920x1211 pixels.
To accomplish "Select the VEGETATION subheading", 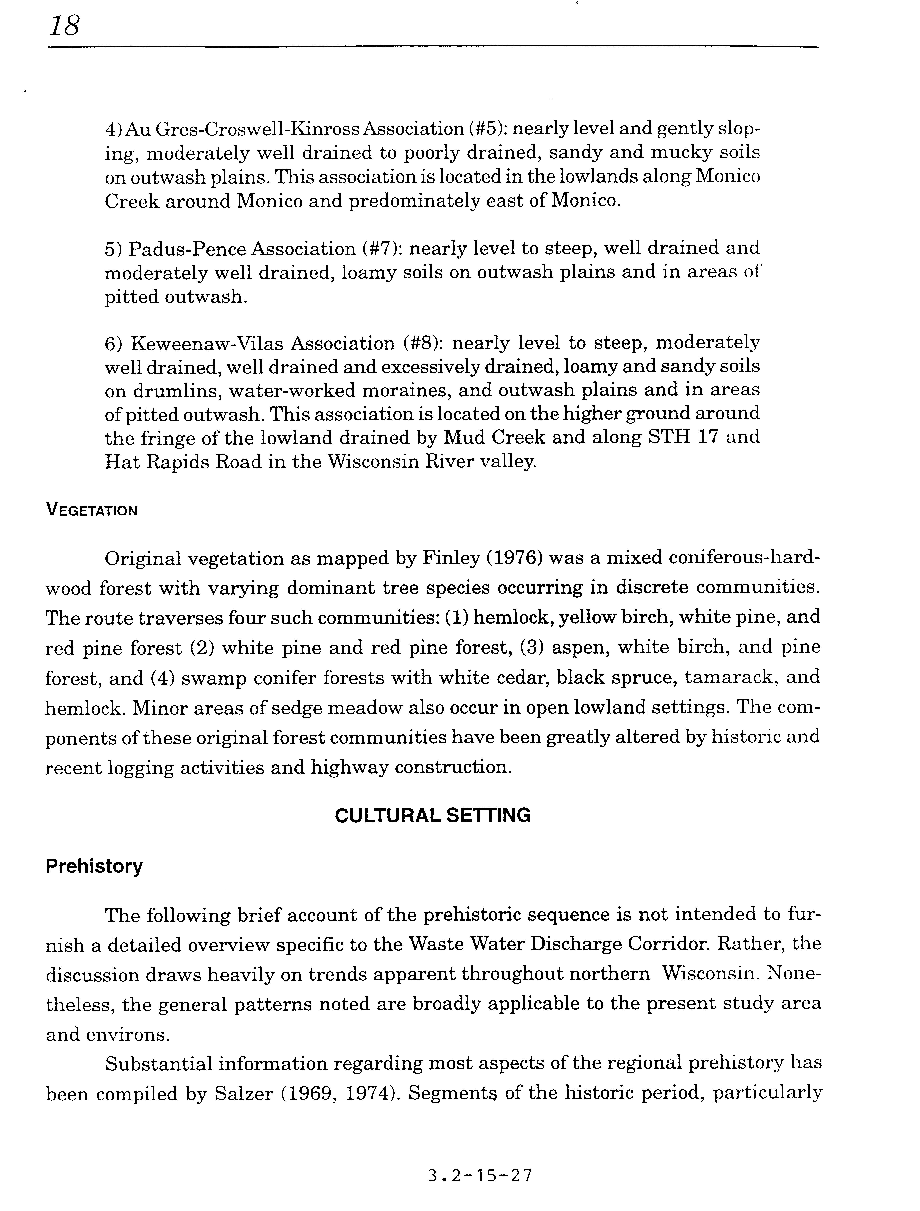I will [x=91, y=511].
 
